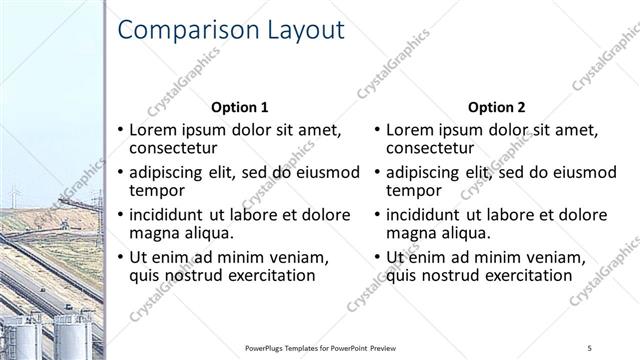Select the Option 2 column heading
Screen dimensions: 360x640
496,107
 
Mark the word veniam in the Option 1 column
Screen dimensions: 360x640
300,257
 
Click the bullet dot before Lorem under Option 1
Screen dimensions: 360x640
121,130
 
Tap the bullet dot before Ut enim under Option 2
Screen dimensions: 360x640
378,257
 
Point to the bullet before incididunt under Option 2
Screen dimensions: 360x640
378,214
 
